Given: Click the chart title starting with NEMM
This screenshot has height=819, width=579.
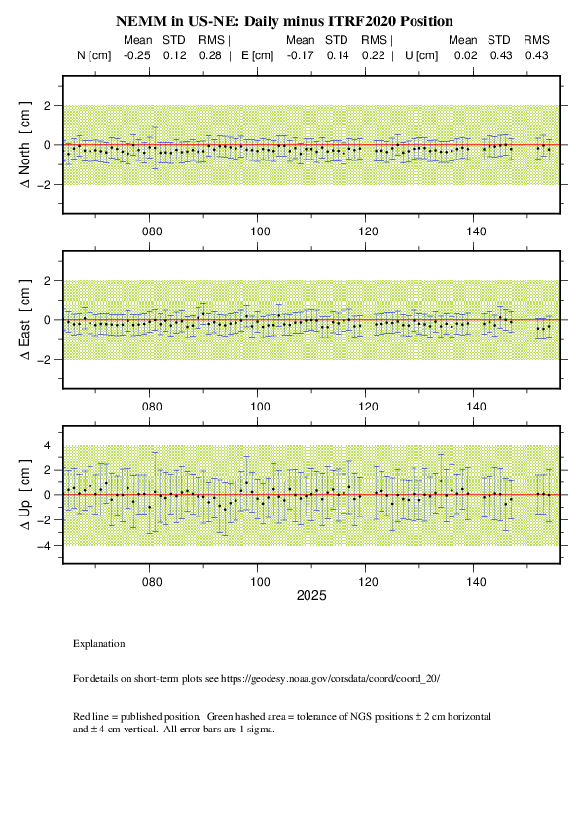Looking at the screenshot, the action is coord(284,21).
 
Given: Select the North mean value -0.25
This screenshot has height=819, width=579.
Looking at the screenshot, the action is coord(137,55).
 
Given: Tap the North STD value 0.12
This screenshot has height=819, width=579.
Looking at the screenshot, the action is coord(174,55).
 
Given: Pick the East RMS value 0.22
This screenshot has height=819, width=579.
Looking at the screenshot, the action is coord(373,55).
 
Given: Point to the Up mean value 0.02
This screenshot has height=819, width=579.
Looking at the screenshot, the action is coord(465,55).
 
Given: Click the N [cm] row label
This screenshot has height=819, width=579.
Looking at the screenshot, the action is coord(94,55).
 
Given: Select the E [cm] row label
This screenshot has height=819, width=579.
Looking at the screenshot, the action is coord(257,55).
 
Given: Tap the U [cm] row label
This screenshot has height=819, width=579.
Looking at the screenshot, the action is coord(421,55).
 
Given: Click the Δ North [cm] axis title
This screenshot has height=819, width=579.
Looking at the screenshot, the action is coord(25,145).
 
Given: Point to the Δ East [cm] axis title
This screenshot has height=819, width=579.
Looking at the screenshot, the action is coord(25,320).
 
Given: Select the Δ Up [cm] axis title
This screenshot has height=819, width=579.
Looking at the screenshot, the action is coord(25,495).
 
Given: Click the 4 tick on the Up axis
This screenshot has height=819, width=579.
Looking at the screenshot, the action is coord(47,445).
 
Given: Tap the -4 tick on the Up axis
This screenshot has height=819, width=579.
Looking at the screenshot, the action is coord(43,546).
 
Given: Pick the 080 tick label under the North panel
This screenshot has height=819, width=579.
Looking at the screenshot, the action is coord(152,231).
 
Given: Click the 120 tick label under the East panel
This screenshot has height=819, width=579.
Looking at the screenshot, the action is coord(369,407).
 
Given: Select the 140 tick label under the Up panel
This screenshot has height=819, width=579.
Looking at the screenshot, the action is coord(476,582).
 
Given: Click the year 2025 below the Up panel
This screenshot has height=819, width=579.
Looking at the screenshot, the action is coord(311,596).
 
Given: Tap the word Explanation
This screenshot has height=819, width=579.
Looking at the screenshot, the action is coord(98,644).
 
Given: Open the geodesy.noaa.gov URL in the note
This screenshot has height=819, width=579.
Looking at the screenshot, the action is coord(330,679).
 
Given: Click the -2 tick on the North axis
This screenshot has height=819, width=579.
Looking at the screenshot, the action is coord(43,185).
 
